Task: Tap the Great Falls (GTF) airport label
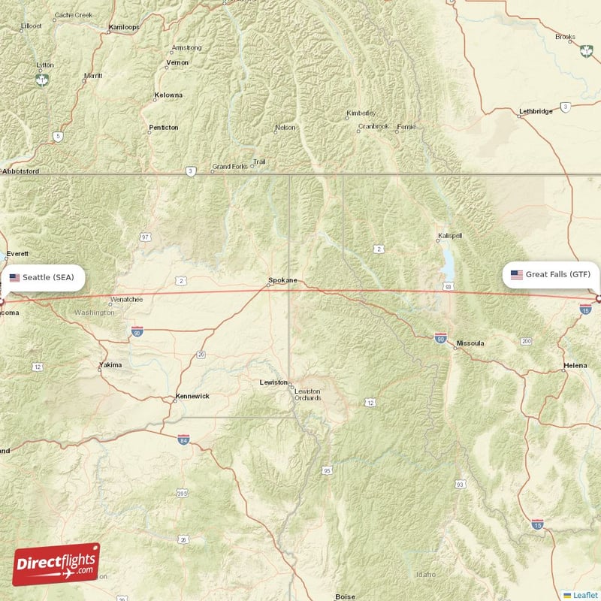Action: tap(551, 275)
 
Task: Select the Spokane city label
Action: tap(282, 281)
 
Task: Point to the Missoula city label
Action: tap(470, 343)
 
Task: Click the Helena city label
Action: tap(575, 367)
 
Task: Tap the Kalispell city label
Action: tap(449, 237)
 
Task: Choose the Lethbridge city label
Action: tap(536, 112)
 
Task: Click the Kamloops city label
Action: tap(125, 27)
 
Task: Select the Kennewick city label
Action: tap(192, 396)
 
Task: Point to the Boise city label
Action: tap(345, 596)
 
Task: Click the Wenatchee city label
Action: tap(126, 299)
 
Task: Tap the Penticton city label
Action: tap(163, 128)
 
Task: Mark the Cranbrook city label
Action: tap(373, 126)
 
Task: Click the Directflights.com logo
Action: tap(56, 564)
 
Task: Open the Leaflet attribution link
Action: tap(585, 595)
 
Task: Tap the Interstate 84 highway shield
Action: tap(183, 439)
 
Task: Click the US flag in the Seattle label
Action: tap(14, 278)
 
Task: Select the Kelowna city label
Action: tap(168, 95)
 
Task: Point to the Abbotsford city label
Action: tap(20, 171)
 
